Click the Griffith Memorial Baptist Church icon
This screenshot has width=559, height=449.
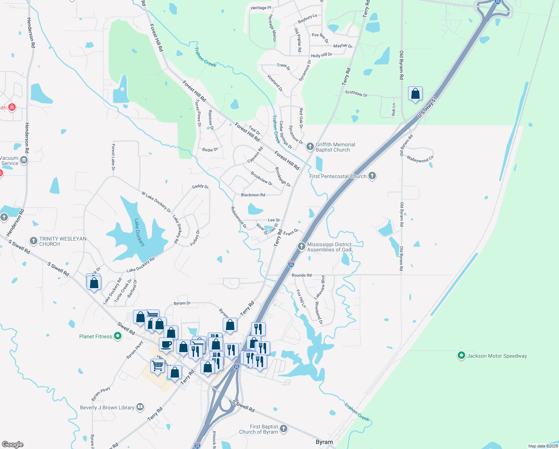pyautogui.click(x=310, y=147)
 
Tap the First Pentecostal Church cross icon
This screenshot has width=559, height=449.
pyautogui.click(x=372, y=176)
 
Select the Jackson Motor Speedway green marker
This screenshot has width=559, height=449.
pyautogui.click(x=461, y=355)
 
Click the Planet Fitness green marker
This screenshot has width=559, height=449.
pyautogui.click(x=118, y=336)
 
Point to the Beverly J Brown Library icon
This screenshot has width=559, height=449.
pyautogui.click(x=140, y=407)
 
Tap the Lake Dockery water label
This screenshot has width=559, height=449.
pyautogui.click(x=139, y=232)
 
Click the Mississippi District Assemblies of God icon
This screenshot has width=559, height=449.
pyautogui.click(x=302, y=246)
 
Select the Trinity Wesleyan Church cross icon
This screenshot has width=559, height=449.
pyautogui.click(x=34, y=241)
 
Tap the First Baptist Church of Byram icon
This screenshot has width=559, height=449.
pyautogui.click(x=284, y=429)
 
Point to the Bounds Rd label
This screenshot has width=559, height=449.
pyautogui.click(x=302, y=275)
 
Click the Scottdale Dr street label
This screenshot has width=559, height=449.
pyautogui.click(x=356, y=94)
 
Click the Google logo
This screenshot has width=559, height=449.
pyautogui.click(x=13, y=444)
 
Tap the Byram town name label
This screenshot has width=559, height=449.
pyautogui.click(x=324, y=442)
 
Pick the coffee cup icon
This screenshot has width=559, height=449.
pyautogui.click(x=166, y=344)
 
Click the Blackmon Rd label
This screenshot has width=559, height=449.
pyautogui.click(x=253, y=195)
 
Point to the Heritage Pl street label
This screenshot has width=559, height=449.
pyautogui.click(x=261, y=8)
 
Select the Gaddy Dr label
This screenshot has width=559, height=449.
pyautogui.click(x=200, y=186)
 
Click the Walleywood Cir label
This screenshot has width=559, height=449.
pyautogui.click(x=420, y=159)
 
